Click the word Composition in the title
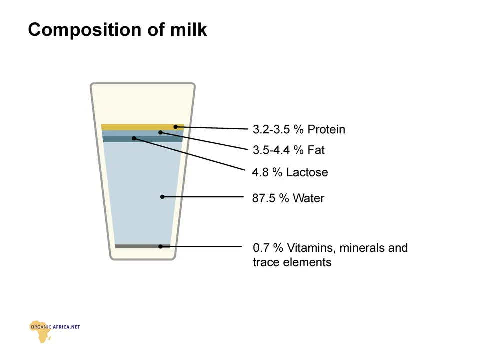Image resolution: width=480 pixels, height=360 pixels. pyautogui.click(x=85, y=30)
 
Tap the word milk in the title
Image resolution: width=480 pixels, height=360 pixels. pyautogui.click(x=188, y=29)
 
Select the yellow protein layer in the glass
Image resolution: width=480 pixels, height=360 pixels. pyautogui.click(x=143, y=127)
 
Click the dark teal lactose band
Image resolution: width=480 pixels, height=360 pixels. pyautogui.click(x=142, y=139)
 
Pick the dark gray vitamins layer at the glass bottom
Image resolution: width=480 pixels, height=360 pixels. pyautogui.click(x=142, y=246)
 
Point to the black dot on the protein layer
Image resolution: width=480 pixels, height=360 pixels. pyautogui.click(x=175, y=127)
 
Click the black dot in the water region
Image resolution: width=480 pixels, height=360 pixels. pyautogui.click(x=162, y=197)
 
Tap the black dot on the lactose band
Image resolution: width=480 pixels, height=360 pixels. pyautogui.click(x=134, y=138)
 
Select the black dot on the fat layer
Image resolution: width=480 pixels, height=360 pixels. pyautogui.click(x=160, y=132)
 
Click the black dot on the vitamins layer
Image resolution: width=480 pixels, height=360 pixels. pyautogui.click(x=160, y=246)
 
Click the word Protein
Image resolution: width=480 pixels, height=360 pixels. pyautogui.click(x=326, y=129)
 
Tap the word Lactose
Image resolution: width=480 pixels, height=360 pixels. pyautogui.click(x=307, y=172)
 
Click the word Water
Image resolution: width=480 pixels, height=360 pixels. pyautogui.click(x=308, y=198)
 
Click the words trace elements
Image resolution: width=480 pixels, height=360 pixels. pyautogui.click(x=292, y=262)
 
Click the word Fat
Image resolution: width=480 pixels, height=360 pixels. pyautogui.click(x=316, y=150)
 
